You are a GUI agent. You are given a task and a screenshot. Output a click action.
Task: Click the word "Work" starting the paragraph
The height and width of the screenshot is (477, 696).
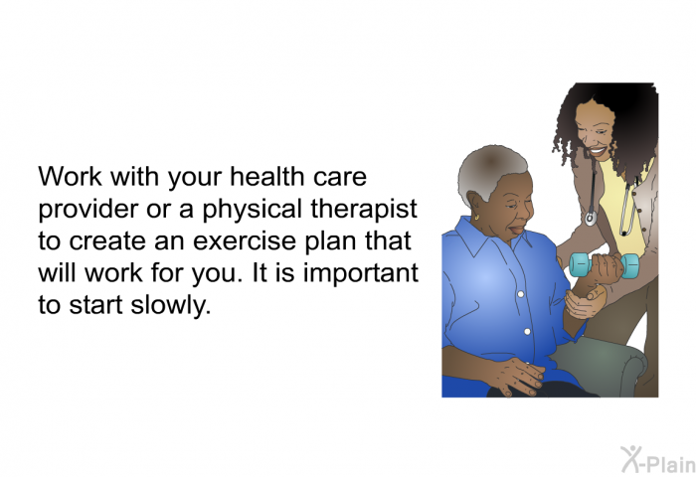(x=70, y=176)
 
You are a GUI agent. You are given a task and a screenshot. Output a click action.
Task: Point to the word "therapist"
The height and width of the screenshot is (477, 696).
(x=364, y=209)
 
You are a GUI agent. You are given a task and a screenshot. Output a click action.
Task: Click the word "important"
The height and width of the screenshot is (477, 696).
(x=361, y=273)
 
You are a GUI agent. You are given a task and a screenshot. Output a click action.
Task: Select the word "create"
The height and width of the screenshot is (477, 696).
(x=107, y=240)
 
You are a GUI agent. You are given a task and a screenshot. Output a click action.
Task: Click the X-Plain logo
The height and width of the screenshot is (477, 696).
(x=658, y=460)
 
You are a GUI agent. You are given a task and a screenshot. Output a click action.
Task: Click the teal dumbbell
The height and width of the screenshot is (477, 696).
(x=605, y=265)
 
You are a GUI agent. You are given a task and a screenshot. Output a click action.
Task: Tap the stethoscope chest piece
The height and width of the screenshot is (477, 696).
(x=591, y=219)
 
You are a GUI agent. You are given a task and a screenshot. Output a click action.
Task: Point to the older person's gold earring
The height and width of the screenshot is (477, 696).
(x=476, y=218)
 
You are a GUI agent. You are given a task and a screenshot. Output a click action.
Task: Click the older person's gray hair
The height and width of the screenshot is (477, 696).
(x=488, y=171)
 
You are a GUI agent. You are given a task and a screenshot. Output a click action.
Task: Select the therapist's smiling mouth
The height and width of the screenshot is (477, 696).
(x=597, y=152)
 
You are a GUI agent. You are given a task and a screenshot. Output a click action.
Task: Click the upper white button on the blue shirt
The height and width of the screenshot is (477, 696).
(x=521, y=294)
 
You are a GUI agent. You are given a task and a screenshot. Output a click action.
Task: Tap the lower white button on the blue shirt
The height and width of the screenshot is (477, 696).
(x=527, y=332)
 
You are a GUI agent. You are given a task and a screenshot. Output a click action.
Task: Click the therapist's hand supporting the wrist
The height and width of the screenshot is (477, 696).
(x=585, y=303)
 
